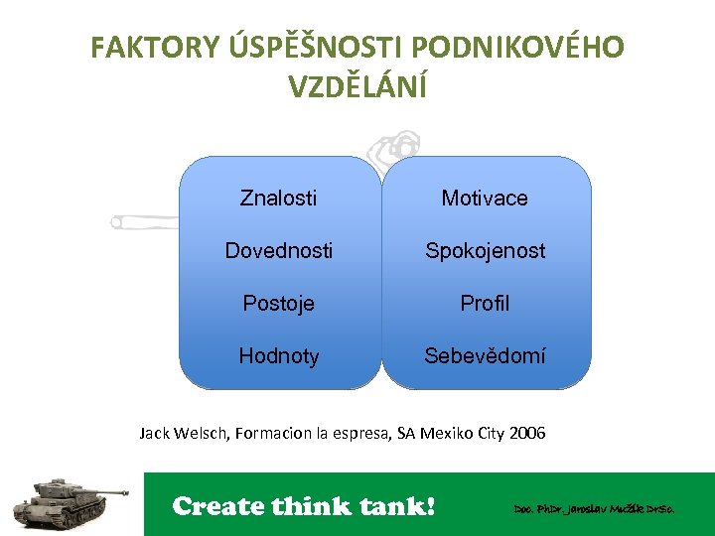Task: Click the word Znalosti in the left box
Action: [x=278, y=198]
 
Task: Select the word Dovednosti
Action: [x=278, y=251]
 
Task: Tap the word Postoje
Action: [x=278, y=304]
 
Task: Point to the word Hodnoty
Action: [x=278, y=356]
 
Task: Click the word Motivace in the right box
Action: [x=485, y=198]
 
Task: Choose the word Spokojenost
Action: [x=485, y=251]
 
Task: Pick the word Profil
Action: [x=485, y=304]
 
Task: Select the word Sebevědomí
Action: [x=485, y=356]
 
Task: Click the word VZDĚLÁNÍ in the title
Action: [x=357, y=87]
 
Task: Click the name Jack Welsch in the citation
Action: [x=184, y=434]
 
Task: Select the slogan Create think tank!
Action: [x=304, y=506]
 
